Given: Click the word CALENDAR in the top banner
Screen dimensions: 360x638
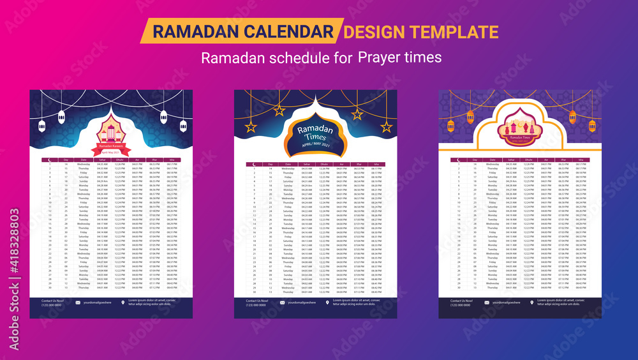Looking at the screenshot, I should [x=290, y=31].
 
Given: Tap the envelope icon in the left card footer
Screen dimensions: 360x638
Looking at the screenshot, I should [x=78, y=302].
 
